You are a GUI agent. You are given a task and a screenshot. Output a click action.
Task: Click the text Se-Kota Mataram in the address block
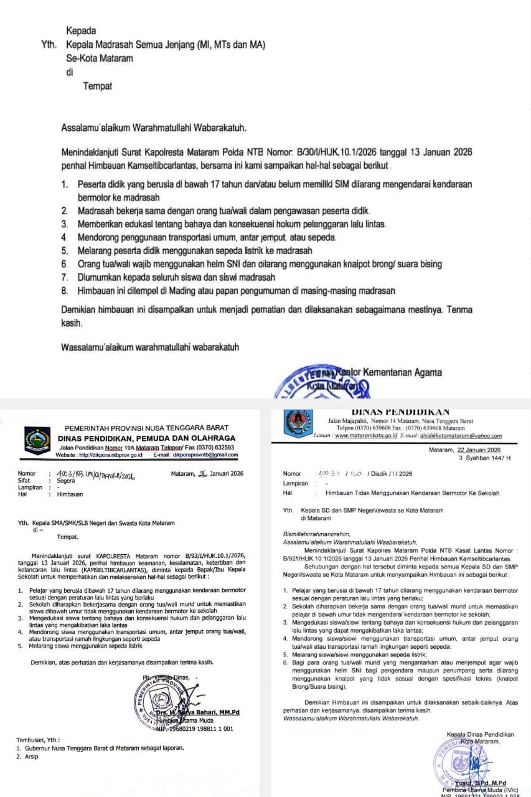click(x=100, y=59)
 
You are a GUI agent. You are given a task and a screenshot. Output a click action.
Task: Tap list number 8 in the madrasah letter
click(x=65, y=291)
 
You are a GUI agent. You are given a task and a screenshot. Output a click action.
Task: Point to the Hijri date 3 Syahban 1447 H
click(x=484, y=458)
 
